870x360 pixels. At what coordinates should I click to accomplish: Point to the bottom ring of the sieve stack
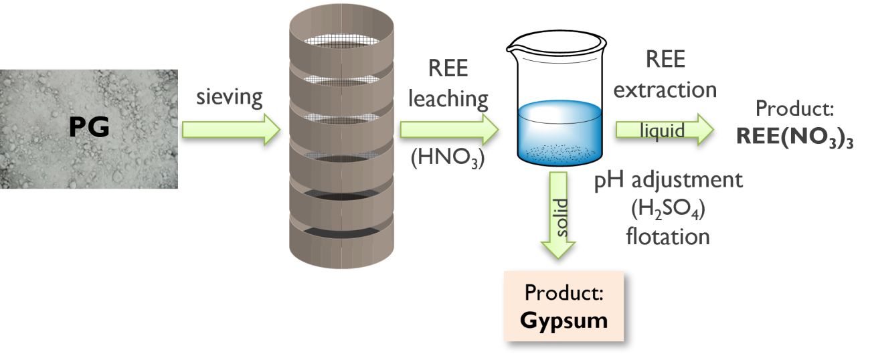click(x=342, y=238)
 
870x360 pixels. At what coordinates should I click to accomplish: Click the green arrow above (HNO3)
click(x=449, y=128)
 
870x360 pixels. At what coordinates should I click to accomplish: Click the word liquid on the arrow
click(x=662, y=130)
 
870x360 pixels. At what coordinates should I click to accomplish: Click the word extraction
click(x=665, y=89)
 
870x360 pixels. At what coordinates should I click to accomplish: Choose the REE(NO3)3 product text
click(x=794, y=136)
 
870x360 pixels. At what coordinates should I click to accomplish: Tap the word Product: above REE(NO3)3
click(x=794, y=108)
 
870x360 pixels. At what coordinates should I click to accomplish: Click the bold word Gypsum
click(x=563, y=319)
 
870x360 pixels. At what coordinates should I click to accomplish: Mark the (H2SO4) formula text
click(x=669, y=210)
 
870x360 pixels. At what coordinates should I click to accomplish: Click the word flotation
click(x=668, y=236)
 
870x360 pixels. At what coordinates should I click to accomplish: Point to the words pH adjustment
click(x=669, y=181)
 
